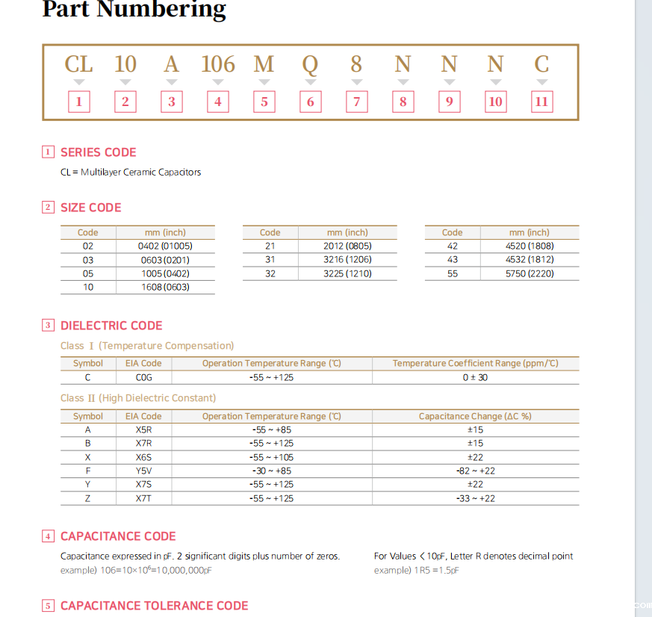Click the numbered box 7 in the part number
[357, 102]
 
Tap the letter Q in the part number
[310, 64]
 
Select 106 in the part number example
[218, 64]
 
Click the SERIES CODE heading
[98, 152]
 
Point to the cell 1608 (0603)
[165, 287]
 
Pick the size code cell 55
[453, 273]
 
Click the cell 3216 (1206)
[347, 259]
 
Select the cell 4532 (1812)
[530, 259]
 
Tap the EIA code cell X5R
[143, 430]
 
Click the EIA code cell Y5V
[143, 471]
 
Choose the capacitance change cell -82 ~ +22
[475, 471]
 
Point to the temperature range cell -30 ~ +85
[271, 471]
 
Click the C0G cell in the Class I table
[143, 377]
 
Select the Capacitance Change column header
[475, 416]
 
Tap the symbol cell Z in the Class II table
[88, 498]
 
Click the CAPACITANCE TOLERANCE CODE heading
[154, 606]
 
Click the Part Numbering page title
[134, 10]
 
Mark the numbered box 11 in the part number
[541, 102]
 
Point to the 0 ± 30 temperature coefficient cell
[475, 377]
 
